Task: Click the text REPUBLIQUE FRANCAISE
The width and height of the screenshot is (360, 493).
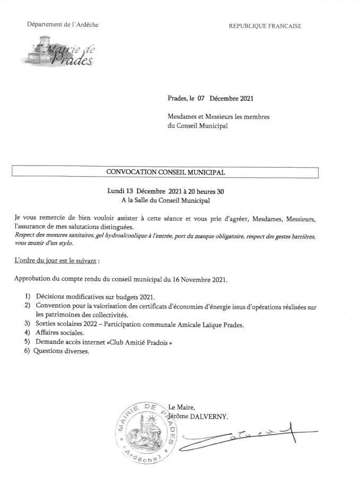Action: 265,26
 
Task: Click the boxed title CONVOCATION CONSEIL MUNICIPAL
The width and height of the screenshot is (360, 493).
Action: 165,172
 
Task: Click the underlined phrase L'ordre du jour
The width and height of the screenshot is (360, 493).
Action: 37,261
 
